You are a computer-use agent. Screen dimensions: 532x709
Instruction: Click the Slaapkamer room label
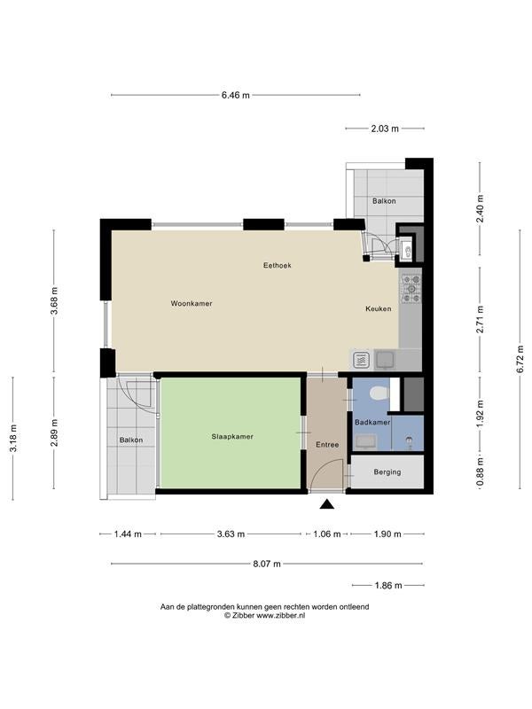(x=232, y=436)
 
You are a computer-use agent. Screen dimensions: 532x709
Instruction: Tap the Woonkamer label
(x=192, y=303)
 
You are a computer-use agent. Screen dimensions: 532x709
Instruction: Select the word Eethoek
(x=278, y=265)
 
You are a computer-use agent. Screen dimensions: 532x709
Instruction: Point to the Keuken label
(x=379, y=308)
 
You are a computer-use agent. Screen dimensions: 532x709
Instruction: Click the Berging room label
(x=387, y=472)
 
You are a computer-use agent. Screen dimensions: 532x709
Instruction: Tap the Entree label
(x=327, y=445)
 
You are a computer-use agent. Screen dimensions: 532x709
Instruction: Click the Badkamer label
(x=372, y=423)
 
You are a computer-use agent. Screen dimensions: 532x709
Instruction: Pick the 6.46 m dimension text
(x=236, y=95)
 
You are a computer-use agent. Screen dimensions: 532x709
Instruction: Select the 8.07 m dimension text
(x=267, y=564)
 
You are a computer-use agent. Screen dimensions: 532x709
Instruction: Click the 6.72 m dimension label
(x=520, y=359)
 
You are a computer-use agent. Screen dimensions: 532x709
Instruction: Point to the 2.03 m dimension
(x=385, y=129)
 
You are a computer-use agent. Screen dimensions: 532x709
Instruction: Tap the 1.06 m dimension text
(x=327, y=534)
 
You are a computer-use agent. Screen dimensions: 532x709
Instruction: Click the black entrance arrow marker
(x=326, y=504)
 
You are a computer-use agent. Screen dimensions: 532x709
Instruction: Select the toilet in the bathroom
(x=379, y=393)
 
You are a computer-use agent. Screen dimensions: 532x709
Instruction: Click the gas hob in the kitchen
(x=411, y=289)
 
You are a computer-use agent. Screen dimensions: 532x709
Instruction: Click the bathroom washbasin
(x=365, y=441)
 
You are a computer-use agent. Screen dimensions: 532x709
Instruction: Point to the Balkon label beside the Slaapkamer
(x=131, y=440)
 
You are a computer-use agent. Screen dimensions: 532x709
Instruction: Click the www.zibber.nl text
(x=281, y=615)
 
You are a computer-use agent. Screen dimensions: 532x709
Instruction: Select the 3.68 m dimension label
(x=55, y=300)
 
